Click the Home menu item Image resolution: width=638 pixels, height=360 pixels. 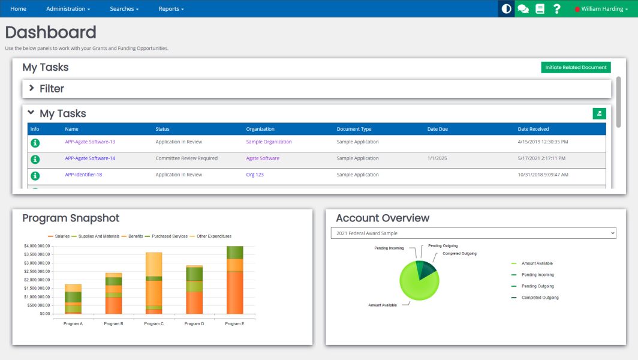18,9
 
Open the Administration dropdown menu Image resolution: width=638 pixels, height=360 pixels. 68,9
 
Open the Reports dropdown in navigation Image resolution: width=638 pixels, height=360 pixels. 171,9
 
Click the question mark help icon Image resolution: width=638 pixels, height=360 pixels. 557,9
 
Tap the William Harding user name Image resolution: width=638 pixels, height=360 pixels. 602,9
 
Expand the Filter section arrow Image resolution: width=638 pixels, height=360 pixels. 32,88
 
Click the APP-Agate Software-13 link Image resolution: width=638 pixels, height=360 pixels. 90,142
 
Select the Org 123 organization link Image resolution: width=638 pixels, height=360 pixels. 255,175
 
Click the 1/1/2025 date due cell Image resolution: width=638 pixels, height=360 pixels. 437,158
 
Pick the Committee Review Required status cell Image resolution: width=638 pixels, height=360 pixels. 186,158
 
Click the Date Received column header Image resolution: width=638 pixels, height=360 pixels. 533,129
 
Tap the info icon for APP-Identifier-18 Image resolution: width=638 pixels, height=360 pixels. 35,175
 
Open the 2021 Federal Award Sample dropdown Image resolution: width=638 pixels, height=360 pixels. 473,233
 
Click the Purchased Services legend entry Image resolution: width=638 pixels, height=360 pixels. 169,236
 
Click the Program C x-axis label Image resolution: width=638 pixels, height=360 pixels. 154,323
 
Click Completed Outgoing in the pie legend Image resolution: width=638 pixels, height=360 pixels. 540,298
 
